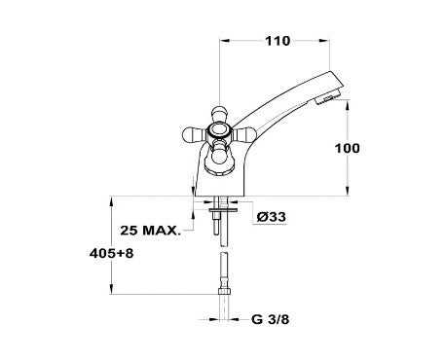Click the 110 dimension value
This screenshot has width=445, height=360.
(x=278, y=41)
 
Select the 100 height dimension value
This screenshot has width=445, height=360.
(x=348, y=148)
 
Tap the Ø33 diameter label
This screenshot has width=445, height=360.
(x=271, y=217)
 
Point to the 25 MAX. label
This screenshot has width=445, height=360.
(x=150, y=231)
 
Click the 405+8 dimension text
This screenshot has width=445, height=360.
(x=111, y=253)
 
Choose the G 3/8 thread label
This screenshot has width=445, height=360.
(x=270, y=319)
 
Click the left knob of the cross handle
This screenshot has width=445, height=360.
(x=191, y=135)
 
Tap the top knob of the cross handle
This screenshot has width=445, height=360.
(x=219, y=113)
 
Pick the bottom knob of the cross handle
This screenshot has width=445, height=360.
(x=219, y=157)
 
